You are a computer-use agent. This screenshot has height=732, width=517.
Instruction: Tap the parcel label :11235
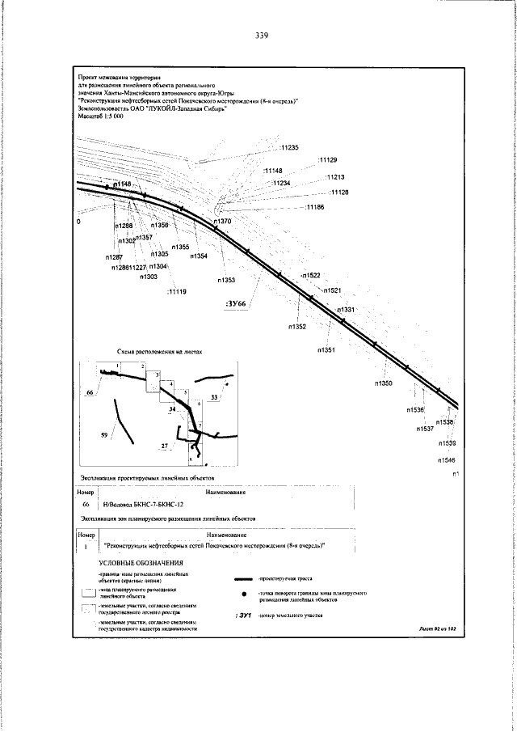pos(288,148)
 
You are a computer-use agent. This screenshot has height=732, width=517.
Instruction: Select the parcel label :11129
pos(328,159)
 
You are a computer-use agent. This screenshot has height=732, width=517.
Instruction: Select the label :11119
pos(176,291)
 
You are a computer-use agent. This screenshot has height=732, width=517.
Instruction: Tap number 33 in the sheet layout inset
pos(214,397)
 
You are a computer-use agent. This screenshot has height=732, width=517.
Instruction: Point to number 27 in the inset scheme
pos(164,446)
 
